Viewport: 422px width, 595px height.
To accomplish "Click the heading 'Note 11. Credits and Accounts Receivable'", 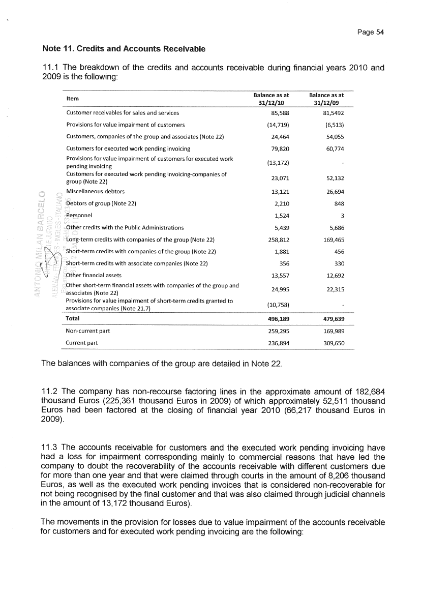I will pyautogui.click(x=124, y=49).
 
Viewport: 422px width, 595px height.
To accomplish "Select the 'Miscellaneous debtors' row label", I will pyautogui.click(x=95, y=191).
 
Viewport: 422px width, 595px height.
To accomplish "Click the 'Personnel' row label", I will pyautogui.click(x=79, y=215).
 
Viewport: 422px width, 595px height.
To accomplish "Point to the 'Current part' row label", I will pyautogui.click(x=82, y=343).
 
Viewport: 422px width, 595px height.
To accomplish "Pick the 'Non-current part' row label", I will pyautogui.click(x=88, y=331).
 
